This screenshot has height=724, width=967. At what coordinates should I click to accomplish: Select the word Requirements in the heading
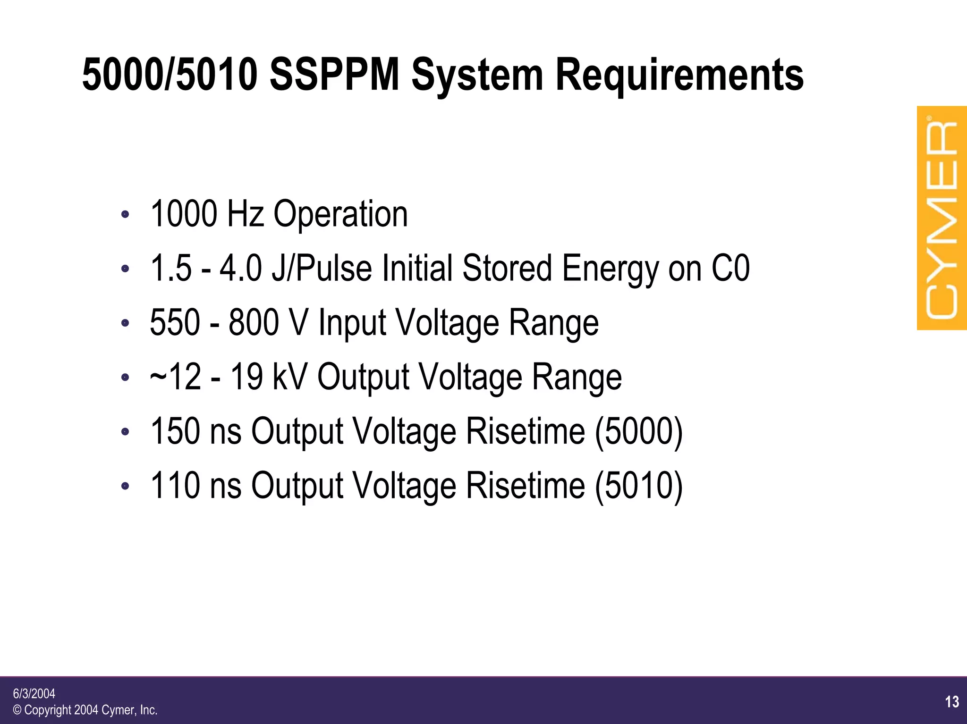click(x=679, y=76)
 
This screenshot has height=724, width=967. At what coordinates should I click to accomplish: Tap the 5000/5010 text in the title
click(x=170, y=75)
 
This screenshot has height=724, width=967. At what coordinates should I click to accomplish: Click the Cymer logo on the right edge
click(x=942, y=218)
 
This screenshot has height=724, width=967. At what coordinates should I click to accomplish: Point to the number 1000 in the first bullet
click(x=183, y=214)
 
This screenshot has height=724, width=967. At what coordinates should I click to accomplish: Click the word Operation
click(x=340, y=215)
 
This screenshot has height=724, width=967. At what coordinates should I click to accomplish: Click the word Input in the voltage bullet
click(x=352, y=323)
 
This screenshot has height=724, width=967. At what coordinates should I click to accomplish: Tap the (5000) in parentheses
click(x=638, y=431)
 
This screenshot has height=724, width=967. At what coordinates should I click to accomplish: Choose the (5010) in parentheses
click(x=638, y=486)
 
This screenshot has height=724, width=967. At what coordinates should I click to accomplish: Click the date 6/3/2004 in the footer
click(x=34, y=694)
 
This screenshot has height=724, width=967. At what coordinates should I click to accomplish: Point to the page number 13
click(x=952, y=702)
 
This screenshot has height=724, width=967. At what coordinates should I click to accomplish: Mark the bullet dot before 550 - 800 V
click(x=125, y=323)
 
